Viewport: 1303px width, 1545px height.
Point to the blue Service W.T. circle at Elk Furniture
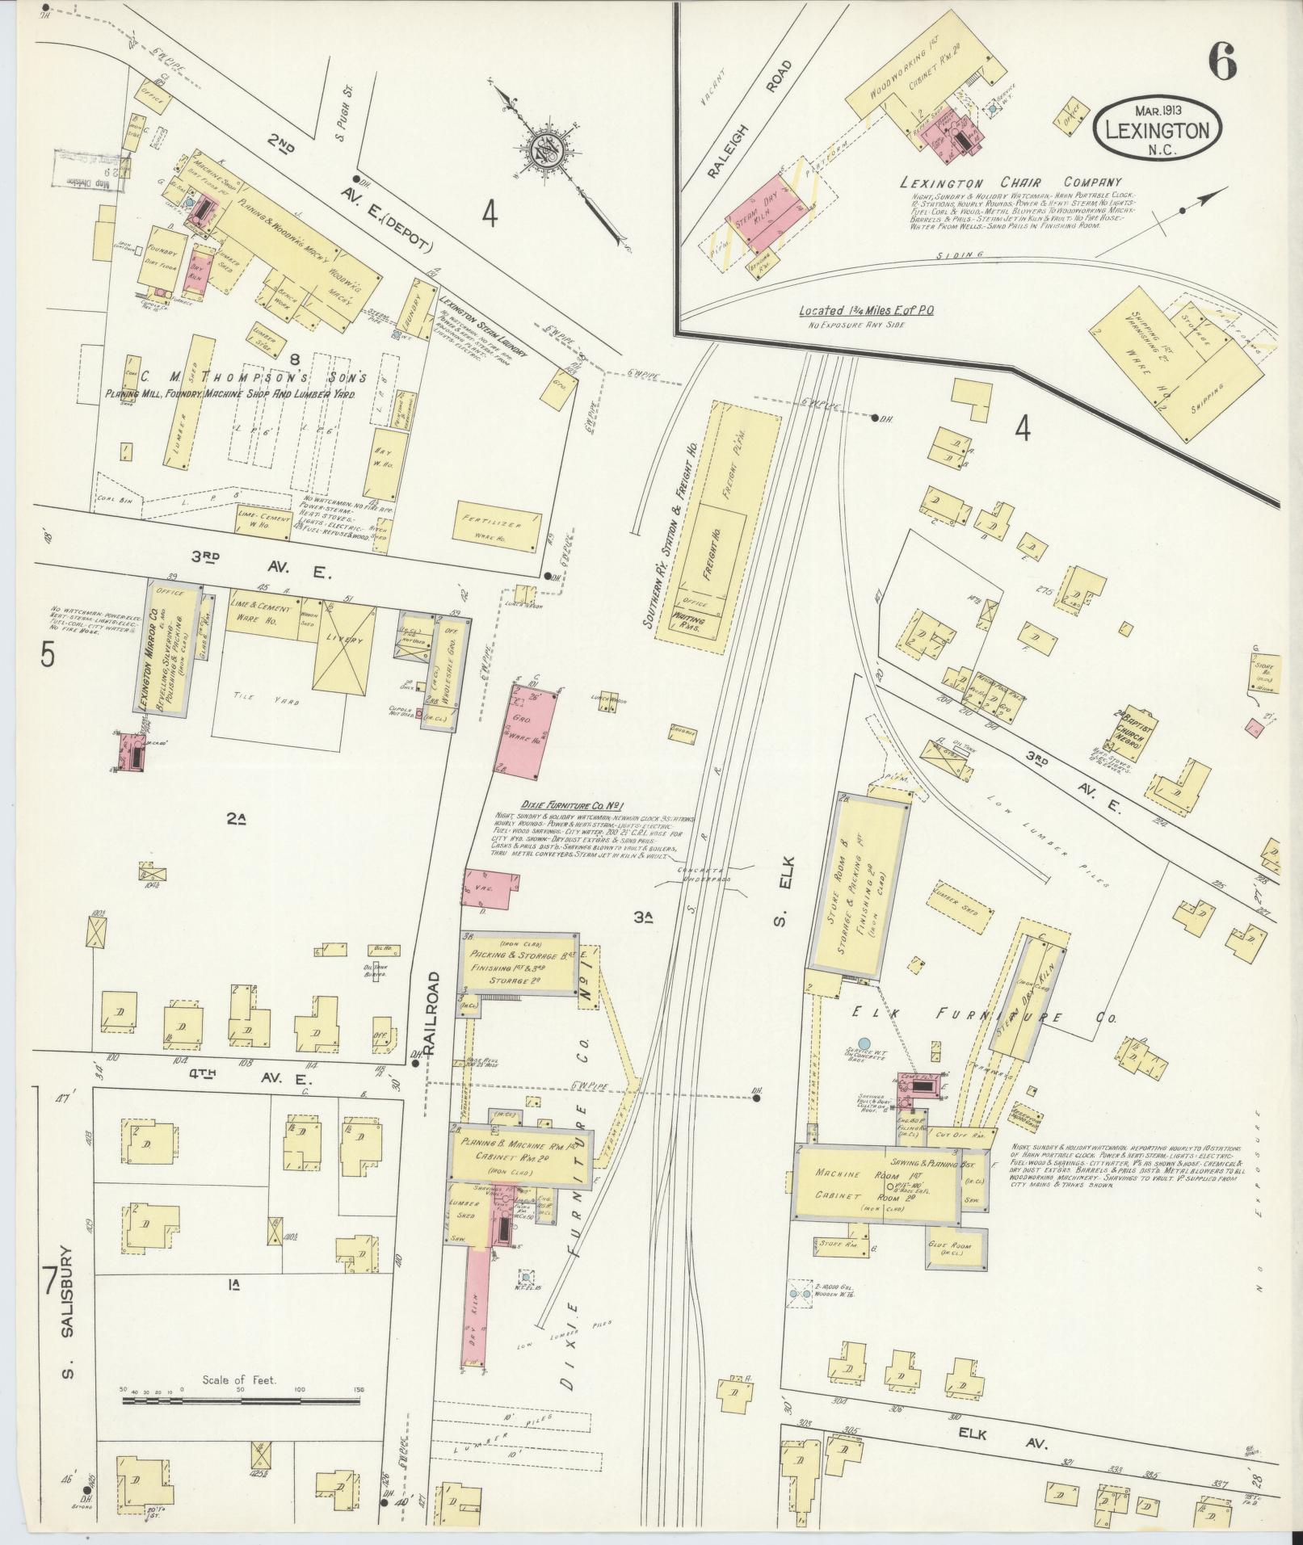[x=864, y=1044]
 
